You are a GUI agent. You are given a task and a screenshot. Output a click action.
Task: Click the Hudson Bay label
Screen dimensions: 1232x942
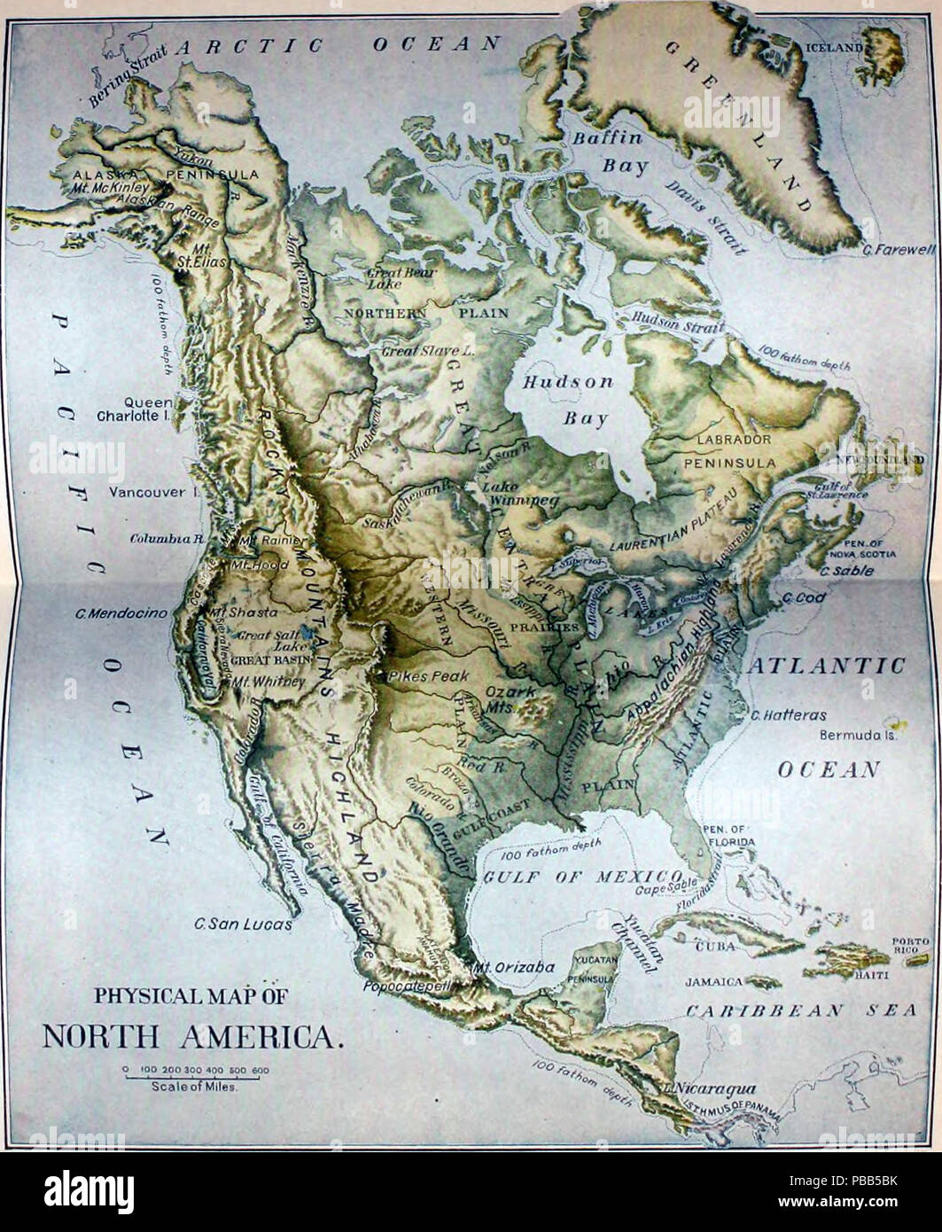click(567, 399)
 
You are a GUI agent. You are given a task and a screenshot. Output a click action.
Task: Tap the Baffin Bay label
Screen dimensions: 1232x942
click(612, 152)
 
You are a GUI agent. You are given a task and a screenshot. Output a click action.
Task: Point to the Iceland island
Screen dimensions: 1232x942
click(879, 58)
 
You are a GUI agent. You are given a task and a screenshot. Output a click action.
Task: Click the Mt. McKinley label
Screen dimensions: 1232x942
click(111, 188)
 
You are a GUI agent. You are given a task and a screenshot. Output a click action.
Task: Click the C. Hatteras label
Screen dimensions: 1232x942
click(788, 715)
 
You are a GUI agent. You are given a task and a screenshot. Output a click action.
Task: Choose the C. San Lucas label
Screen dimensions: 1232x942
click(243, 924)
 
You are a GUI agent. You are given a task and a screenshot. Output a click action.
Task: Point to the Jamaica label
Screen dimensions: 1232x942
click(712, 982)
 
